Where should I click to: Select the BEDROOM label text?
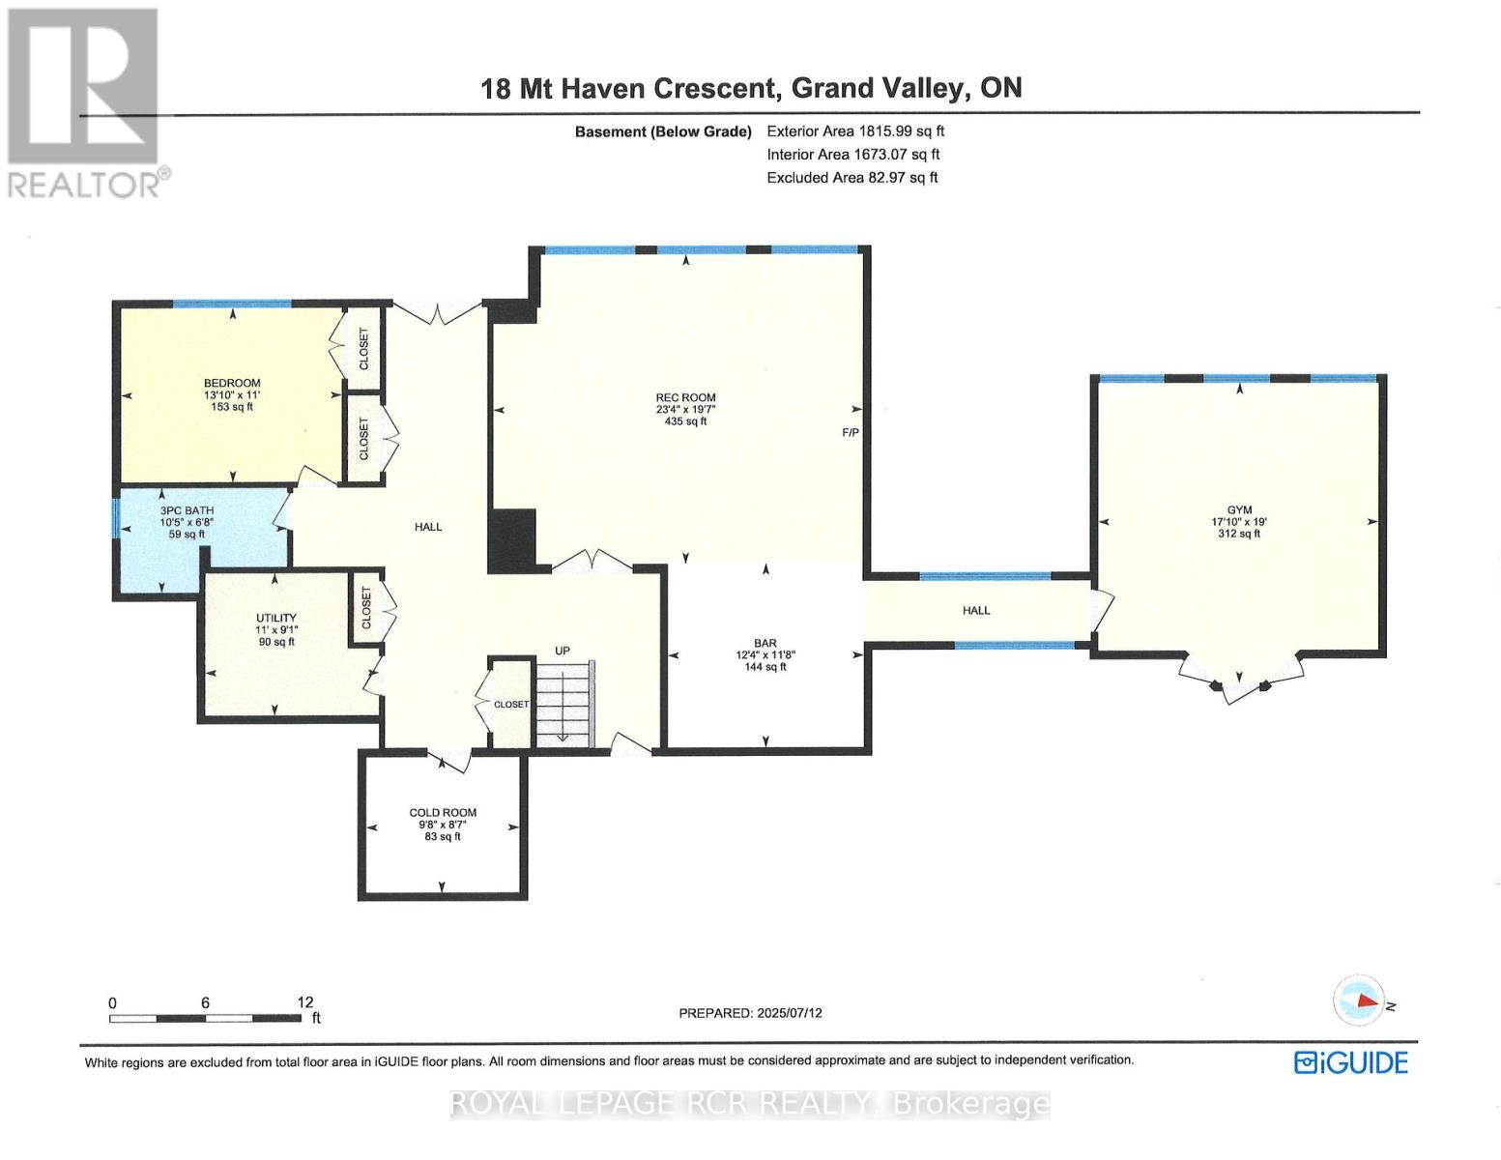click(x=232, y=384)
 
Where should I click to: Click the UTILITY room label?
click(x=275, y=618)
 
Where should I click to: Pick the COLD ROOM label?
click(x=443, y=813)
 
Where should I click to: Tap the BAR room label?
click(x=765, y=643)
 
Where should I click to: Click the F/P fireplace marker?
click(x=851, y=433)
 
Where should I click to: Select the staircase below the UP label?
click(x=564, y=703)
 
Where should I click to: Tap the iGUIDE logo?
click(x=1351, y=1063)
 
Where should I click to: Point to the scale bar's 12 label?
click(x=305, y=1002)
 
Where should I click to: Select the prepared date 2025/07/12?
click(x=750, y=1013)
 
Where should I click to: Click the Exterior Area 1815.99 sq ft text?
click(x=855, y=131)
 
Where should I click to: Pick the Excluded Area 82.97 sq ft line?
click(x=852, y=178)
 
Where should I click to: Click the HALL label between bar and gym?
click(x=976, y=611)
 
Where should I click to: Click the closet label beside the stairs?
click(x=511, y=705)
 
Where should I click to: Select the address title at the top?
click(x=751, y=88)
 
